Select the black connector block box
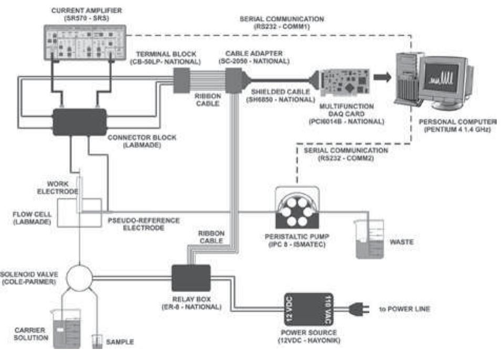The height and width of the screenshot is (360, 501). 79,122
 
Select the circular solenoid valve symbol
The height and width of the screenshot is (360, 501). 80,273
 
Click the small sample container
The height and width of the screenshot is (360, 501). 97,341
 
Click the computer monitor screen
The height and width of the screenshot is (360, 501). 443,77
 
